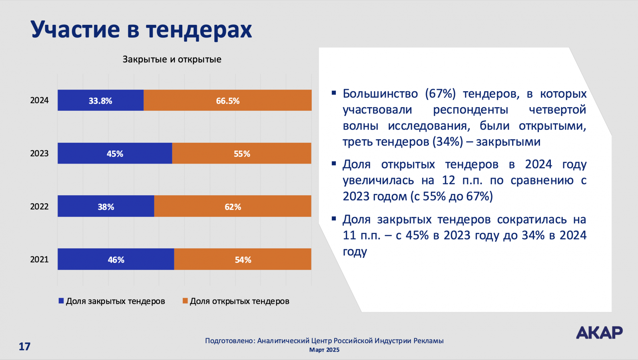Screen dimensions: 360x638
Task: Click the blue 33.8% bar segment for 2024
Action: click(x=100, y=100)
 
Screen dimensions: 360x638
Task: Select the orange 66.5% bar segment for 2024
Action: click(x=227, y=100)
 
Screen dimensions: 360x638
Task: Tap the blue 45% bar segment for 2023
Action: click(x=115, y=154)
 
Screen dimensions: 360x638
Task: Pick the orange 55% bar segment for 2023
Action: click(x=241, y=154)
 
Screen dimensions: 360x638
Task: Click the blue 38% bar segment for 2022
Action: click(x=106, y=206)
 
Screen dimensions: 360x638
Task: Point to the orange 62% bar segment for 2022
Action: click(x=233, y=206)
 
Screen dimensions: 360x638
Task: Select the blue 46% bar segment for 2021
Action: click(x=116, y=259)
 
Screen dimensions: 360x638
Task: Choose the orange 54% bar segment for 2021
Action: click(x=243, y=259)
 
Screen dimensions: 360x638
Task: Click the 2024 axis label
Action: click(x=39, y=100)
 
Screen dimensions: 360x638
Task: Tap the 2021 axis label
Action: click(x=39, y=260)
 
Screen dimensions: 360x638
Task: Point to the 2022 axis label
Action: click(x=39, y=207)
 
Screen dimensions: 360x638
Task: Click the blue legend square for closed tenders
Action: click(x=61, y=301)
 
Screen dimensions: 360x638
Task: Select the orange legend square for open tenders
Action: click(x=185, y=301)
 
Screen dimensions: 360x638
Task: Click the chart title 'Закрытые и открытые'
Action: click(x=172, y=60)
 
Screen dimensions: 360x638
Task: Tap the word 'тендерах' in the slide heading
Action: click(x=199, y=30)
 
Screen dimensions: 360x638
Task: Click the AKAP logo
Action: click(x=599, y=332)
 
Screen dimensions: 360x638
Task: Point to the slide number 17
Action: click(x=24, y=346)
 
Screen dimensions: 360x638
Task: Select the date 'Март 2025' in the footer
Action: click(x=324, y=350)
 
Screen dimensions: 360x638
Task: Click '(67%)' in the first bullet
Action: click(x=440, y=94)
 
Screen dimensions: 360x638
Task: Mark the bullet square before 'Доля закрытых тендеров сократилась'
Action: click(x=334, y=219)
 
